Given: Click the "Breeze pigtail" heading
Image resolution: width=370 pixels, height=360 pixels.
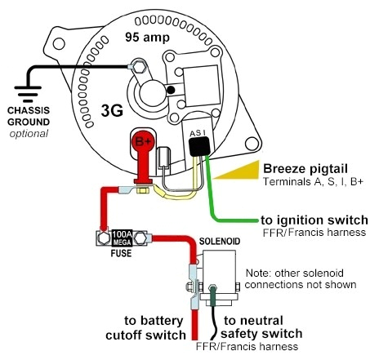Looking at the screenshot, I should [301, 168].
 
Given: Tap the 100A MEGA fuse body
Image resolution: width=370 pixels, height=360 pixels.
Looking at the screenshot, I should [123, 238].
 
